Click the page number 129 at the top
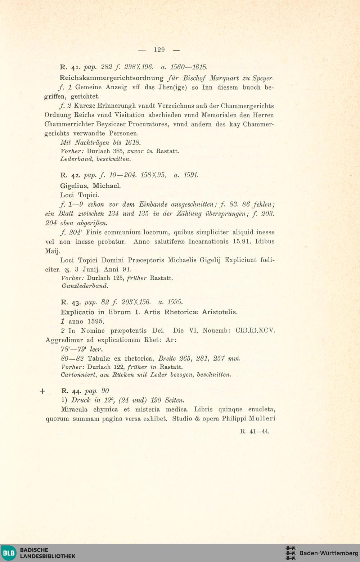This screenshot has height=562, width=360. (x=159, y=50)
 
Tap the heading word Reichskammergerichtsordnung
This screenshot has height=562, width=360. (x=112, y=78)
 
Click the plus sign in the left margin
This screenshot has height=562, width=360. (x=42, y=391)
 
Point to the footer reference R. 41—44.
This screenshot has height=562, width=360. (x=255, y=431)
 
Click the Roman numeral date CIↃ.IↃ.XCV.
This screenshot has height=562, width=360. (x=255, y=331)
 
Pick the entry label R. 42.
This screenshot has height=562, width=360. (x=70, y=176)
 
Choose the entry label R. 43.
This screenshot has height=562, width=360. (x=70, y=302)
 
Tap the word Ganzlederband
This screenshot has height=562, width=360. (x=85, y=286)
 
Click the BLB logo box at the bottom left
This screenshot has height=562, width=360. (x=9, y=553)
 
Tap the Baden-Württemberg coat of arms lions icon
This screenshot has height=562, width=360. (x=290, y=553)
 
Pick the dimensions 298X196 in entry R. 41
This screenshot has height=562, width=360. (x=139, y=67)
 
